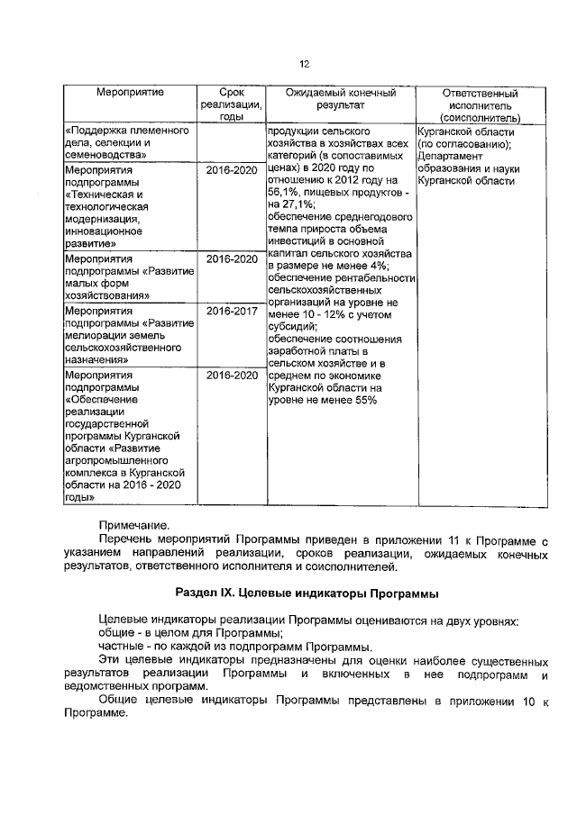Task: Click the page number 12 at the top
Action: click(304, 64)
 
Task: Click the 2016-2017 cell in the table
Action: click(232, 311)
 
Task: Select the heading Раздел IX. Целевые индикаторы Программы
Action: click(307, 593)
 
